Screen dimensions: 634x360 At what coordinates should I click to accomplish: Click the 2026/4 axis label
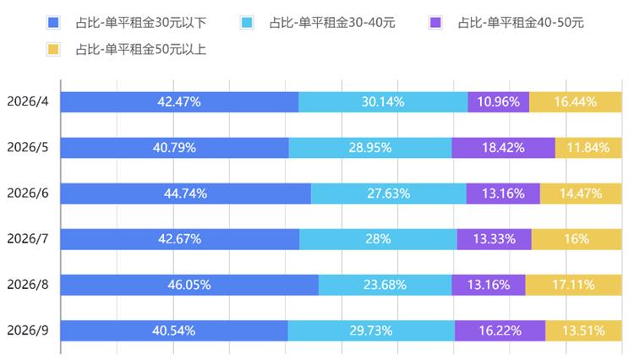[28, 101]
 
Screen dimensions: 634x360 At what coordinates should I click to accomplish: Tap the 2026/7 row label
[28, 239]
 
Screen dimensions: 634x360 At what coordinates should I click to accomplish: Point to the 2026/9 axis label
[28, 330]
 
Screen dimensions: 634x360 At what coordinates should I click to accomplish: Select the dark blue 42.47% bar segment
[180, 101]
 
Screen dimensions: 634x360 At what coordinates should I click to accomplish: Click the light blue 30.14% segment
[383, 101]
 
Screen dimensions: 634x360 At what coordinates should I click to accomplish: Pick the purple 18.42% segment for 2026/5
[504, 148]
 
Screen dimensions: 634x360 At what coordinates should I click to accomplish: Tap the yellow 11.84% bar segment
[588, 148]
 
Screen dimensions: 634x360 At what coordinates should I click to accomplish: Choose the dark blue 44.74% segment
[186, 194]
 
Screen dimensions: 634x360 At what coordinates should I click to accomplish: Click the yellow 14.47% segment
[581, 194]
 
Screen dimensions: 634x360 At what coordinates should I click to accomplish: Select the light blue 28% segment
[379, 239]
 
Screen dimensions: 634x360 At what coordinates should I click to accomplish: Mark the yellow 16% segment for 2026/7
[577, 239]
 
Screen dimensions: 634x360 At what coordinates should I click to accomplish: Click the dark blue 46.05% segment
[189, 285]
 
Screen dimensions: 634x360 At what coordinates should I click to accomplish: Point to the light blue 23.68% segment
[385, 285]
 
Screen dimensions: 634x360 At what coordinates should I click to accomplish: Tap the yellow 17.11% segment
[574, 285]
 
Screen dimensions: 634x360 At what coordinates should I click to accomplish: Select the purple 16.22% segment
[500, 331]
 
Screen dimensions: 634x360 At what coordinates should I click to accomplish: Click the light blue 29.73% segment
[371, 331]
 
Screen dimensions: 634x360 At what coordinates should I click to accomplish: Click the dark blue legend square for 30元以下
[53, 22]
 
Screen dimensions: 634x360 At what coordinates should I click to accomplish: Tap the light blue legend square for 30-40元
[247, 22]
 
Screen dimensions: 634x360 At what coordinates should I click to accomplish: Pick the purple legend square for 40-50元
[435, 22]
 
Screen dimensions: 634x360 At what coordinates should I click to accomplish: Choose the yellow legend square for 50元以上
[53, 49]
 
